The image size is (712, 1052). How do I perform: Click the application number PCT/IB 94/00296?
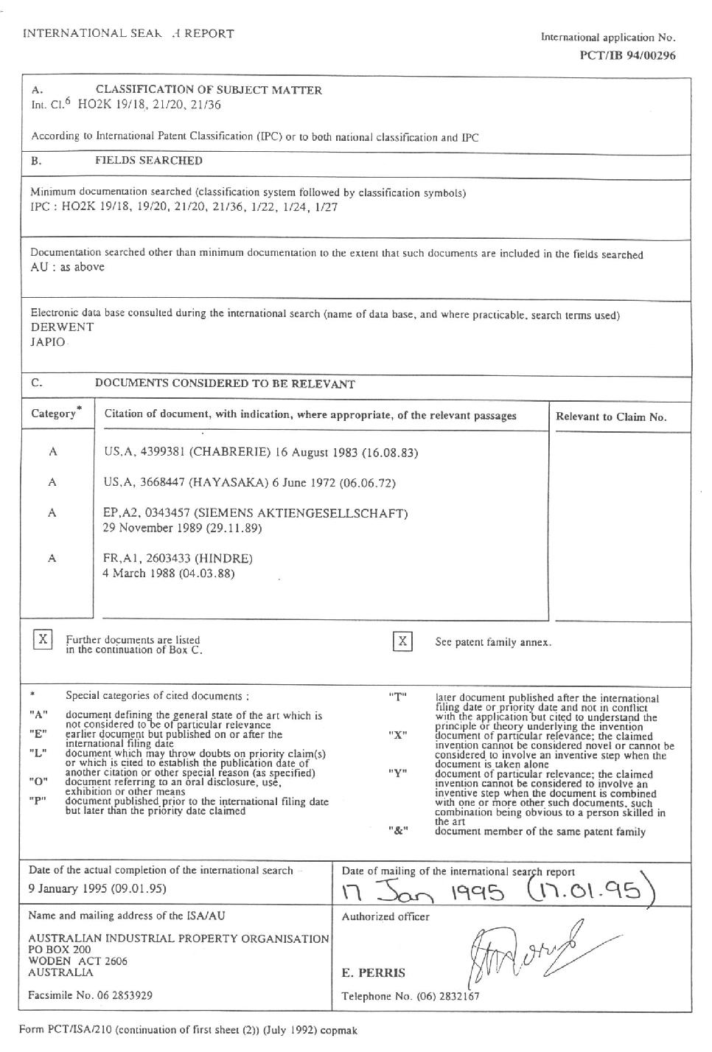(x=627, y=55)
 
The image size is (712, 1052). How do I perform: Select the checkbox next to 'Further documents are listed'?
(x=43, y=639)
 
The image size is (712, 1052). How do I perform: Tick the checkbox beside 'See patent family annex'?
(x=402, y=641)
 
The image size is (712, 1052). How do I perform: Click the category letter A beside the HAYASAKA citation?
(x=52, y=482)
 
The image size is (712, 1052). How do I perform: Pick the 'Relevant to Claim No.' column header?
(x=611, y=417)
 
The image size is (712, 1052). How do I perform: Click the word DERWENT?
(x=63, y=327)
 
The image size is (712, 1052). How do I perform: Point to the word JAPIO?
(x=48, y=342)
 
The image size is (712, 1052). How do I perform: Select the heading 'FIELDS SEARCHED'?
(x=149, y=161)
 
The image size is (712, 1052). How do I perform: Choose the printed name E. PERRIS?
(x=373, y=973)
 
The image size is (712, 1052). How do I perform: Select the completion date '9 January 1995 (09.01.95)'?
(x=97, y=888)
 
